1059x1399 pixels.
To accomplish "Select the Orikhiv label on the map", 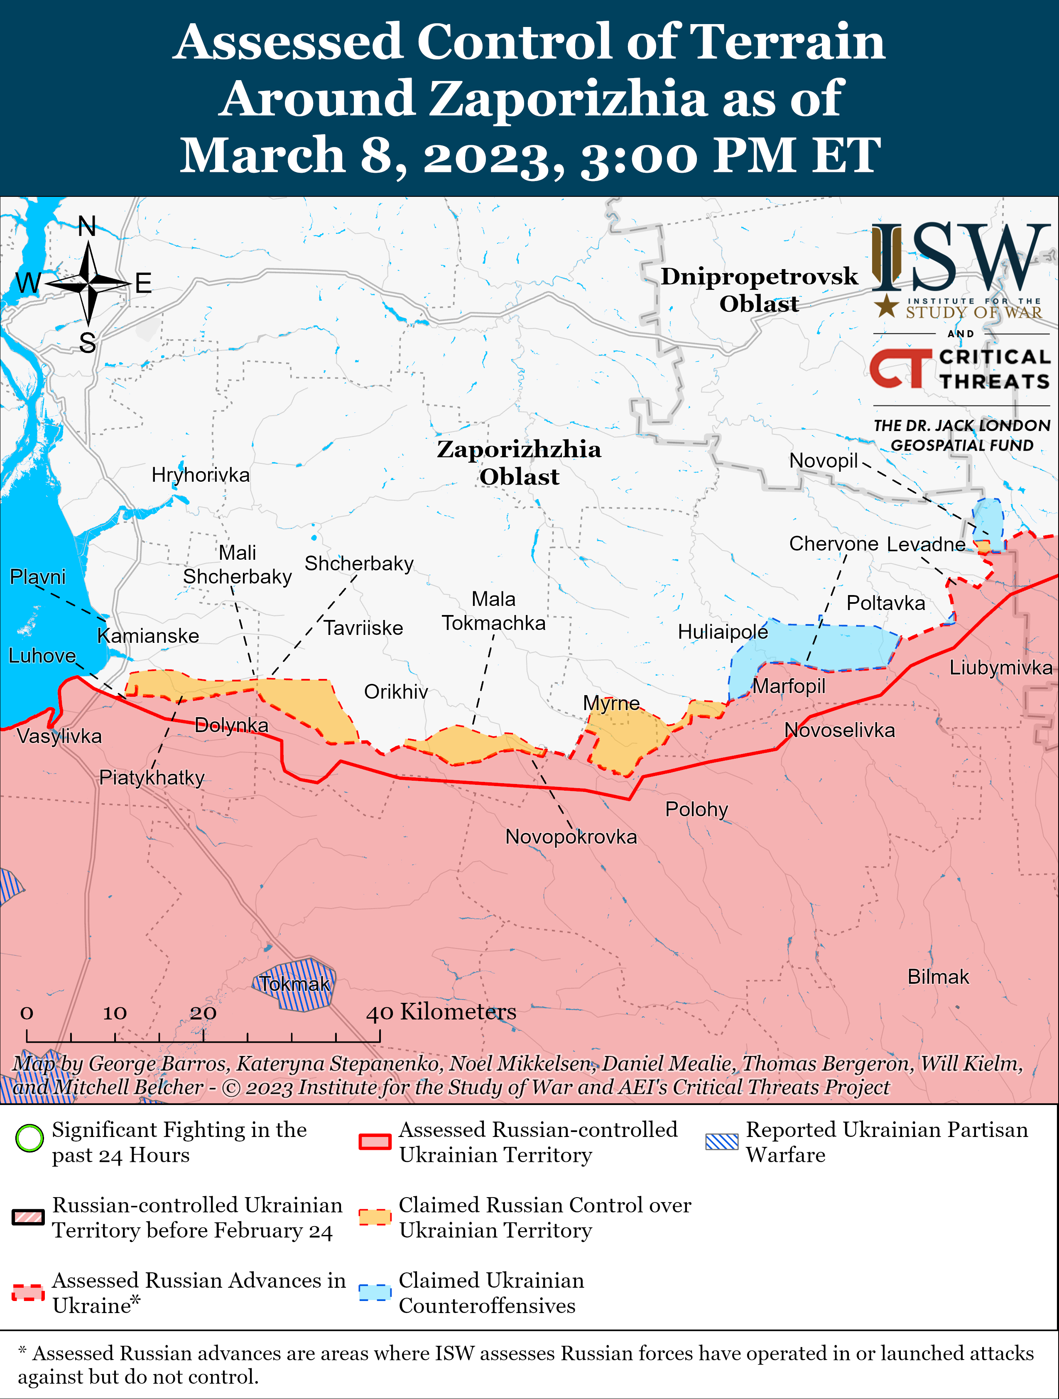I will tap(396, 691).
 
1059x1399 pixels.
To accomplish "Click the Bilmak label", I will tap(938, 977).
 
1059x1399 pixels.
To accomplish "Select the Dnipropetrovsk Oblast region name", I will tap(759, 290).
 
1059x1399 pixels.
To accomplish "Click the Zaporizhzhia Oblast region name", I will tap(519, 462).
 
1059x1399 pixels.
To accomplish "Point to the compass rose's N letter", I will tap(87, 226).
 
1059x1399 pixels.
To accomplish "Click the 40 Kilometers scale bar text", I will tap(441, 1012).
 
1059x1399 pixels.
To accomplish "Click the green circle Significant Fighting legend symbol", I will tap(29, 1139).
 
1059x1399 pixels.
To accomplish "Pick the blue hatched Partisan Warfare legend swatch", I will tap(722, 1142).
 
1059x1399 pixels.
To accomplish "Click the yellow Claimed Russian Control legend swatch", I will tap(375, 1217).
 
